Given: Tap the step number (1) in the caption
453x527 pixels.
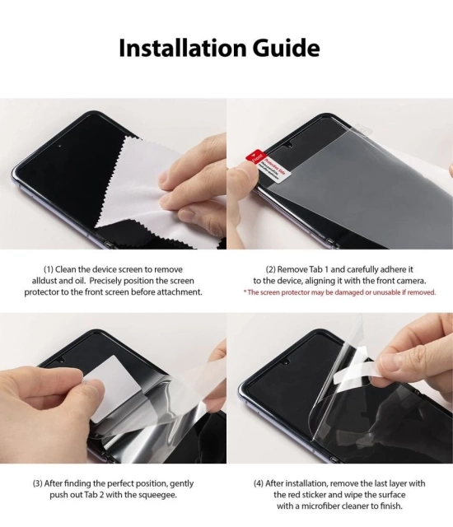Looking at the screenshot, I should tap(49, 270).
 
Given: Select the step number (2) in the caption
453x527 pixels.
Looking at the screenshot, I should tap(271, 270).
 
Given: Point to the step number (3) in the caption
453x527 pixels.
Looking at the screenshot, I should tap(38, 483).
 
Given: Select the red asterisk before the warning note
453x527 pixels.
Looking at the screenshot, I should tap(245, 292).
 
